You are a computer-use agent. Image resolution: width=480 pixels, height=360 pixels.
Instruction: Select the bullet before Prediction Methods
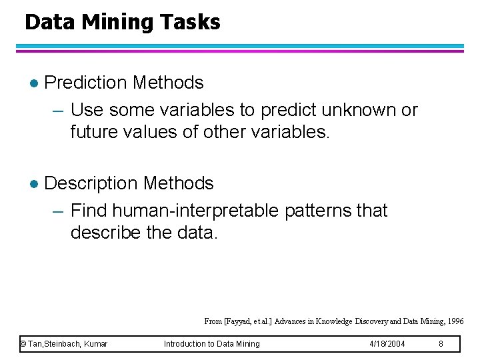tap(34, 83)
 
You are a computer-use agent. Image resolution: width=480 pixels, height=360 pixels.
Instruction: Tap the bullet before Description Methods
tap(34, 184)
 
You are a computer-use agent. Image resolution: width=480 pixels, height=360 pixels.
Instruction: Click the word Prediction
tap(85, 83)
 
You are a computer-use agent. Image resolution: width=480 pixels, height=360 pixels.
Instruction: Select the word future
tap(93, 132)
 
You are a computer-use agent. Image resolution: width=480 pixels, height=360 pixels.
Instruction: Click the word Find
tap(89, 211)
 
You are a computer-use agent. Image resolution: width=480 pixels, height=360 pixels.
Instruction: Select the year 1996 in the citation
tap(456, 321)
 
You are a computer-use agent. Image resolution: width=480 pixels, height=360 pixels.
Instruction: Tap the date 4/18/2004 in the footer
tap(387, 344)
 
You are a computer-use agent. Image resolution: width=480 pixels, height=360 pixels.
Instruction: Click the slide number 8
tap(441, 344)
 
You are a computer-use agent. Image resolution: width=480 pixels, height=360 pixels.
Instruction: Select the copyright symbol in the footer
tap(23, 344)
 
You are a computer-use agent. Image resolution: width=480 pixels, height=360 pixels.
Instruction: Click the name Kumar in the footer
tap(96, 344)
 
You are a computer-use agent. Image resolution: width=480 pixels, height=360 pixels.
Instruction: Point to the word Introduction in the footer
tap(185, 344)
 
